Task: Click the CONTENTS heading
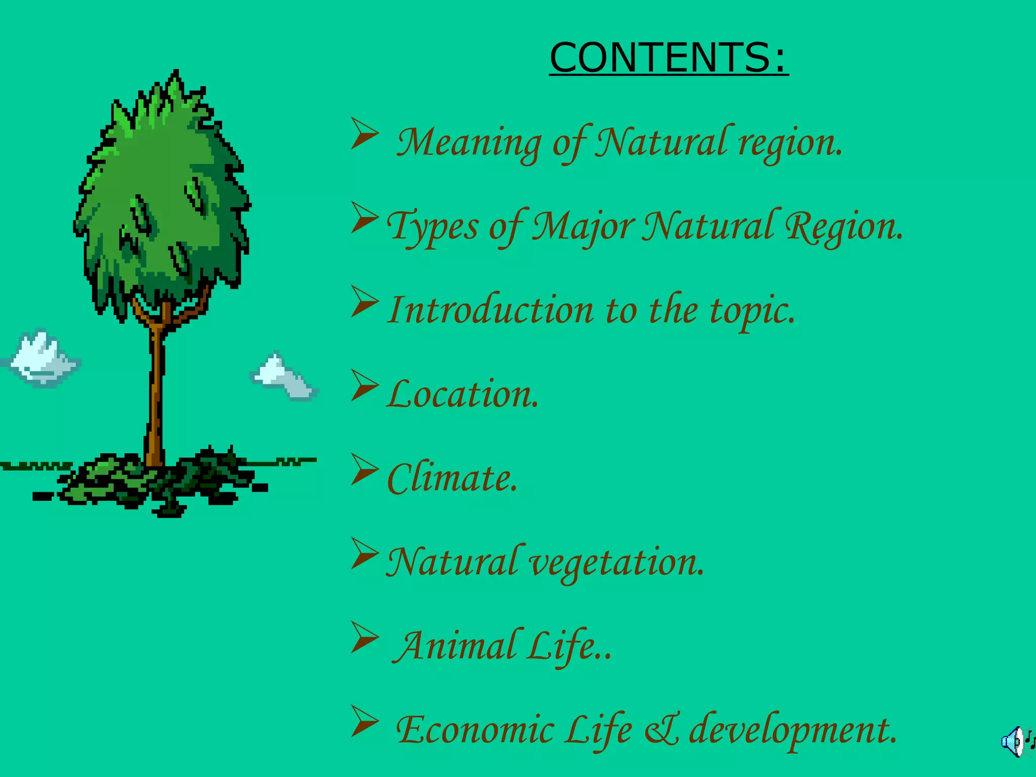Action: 668,58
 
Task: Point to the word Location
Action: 463,394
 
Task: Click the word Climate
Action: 452,478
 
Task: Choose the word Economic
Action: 475,730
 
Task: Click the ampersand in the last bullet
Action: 663,730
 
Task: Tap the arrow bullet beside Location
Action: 364,385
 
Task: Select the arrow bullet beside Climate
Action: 364,469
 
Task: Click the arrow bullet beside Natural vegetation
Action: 364,553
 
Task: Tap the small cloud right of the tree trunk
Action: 283,377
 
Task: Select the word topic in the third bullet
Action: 752,311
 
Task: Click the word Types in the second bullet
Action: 433,226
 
